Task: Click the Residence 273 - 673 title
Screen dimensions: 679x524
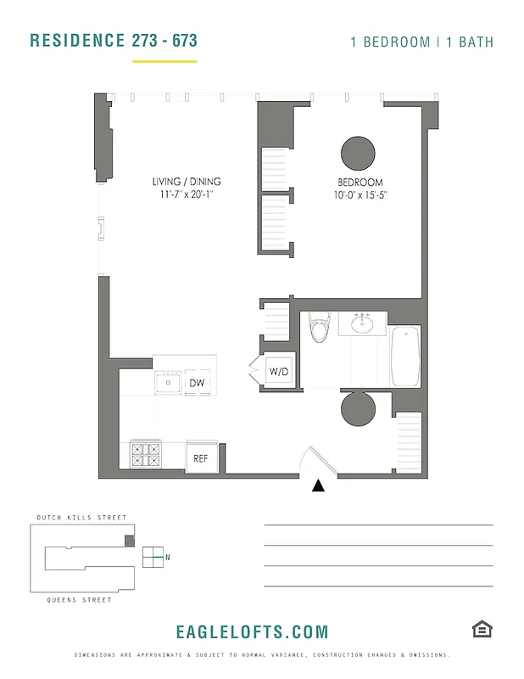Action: pos(114,41)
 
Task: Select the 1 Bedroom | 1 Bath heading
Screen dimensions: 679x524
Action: pos(421,42)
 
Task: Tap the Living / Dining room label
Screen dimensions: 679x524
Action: pos(187,182)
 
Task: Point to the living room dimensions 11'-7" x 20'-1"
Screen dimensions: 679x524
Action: pos(187,195)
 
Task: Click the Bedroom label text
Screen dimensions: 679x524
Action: pos(360,182)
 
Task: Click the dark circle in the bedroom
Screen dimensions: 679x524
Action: pos(358,154)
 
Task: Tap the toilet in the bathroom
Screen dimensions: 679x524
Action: pos(320,327)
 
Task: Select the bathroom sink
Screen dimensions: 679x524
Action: pos(364,323)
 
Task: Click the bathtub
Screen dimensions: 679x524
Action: pos(406,356)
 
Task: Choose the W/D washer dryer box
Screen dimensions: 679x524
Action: pos(279,372)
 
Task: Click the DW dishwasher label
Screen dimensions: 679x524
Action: pos(196,384)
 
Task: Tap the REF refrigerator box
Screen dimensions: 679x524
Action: pos(201,458)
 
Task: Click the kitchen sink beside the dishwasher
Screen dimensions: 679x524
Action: pos(168,383)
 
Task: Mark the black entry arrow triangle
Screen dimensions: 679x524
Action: pos(319,485)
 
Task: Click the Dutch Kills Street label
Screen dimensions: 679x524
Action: pos(81,518)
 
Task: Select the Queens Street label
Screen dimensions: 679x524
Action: pos(80,600)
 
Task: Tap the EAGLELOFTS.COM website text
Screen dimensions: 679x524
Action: pos(252,632)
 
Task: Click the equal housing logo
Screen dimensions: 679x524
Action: pos(482,629)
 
